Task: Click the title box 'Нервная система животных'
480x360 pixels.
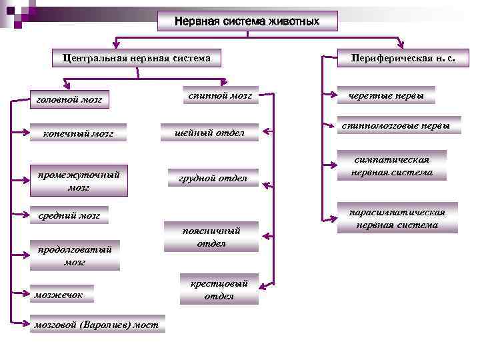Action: coord(247,21)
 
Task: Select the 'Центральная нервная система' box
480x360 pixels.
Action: coord(137,58)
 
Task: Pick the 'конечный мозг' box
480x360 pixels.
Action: coord(79,133)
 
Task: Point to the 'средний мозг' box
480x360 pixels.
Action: coord(71,216)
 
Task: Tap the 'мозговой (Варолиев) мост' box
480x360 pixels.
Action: coord(98,325)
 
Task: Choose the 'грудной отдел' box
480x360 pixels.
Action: coord(213,178)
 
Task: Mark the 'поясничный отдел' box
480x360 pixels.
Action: coord(211,237)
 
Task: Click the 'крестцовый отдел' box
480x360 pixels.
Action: coord(219,289)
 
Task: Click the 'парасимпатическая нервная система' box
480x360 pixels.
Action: coord(397,217)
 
